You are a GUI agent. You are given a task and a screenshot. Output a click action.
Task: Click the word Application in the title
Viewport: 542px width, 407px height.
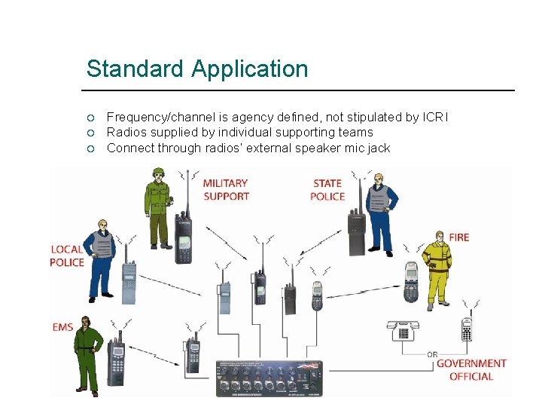(x=250, y=70)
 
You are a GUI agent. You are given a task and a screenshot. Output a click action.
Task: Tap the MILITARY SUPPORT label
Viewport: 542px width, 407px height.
(x=226, y=189)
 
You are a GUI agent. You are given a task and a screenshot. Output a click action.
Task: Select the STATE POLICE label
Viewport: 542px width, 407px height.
(x=327, y=189)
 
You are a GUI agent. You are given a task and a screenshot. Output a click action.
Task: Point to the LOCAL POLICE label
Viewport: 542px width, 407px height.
(x=67, y=256)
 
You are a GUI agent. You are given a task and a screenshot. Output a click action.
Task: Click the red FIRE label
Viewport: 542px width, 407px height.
(x=458, y=237)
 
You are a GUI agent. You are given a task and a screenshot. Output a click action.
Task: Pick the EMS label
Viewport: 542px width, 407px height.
(x=62, y=327)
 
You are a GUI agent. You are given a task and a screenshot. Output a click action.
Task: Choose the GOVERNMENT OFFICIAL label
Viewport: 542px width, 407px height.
(x=471, y=370)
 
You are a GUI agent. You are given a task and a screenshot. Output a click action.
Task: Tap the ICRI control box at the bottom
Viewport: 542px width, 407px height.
(x=269, y=378)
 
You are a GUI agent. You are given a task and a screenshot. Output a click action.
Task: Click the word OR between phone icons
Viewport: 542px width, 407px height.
(x=432, y=353)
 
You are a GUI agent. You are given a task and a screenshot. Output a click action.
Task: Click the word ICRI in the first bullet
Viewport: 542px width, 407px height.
(x=434, y=117)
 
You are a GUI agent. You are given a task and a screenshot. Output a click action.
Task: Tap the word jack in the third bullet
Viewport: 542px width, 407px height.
(x=377, y=148)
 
